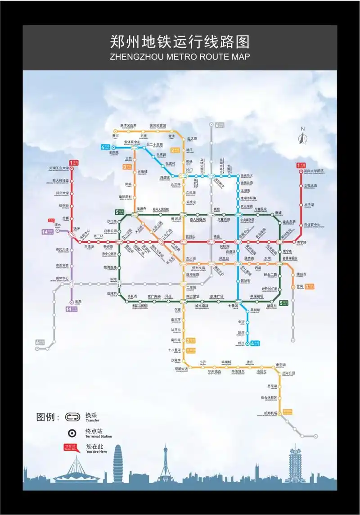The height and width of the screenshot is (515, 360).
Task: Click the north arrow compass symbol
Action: pos(302,136)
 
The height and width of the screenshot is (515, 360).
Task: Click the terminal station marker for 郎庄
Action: pos(247,343)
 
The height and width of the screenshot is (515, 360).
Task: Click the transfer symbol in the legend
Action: pos(72,417)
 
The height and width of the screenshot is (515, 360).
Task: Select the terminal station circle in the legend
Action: pos(72,433)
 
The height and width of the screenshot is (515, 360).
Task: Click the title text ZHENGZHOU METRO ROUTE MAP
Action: pos(180,57)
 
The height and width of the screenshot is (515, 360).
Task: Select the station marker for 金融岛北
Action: pos(238,176)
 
